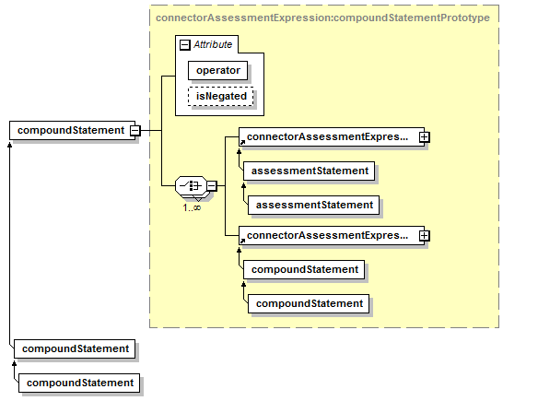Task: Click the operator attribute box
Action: pyautogui.click(x=218, y=70)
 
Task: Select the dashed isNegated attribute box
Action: pyautogui.click(x=221, y=96)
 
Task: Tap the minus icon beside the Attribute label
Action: pyautogui.click(x=185, y=44)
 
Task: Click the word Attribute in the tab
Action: pyautogui.click(x=213, y=44)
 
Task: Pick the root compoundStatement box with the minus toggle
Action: pyautogui.click(x=73, y=130)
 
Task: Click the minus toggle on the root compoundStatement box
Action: pyautogui.click(x=135, y=131)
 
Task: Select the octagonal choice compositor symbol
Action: pyautogui.click(x=191, y=185)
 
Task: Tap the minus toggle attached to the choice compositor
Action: pyautogui.click(x=212, y=185)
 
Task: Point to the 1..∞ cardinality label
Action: pyautogui.click(x=192, y=207)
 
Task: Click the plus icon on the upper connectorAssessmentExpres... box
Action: pyautogui.click(x=424, y=137)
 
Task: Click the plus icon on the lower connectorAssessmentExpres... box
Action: pyautogui.click(x=424, y=235)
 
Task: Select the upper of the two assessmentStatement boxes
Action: pyautogui.click(x=309, y=171)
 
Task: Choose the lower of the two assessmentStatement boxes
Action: pyautogui.click(x=313, y=205)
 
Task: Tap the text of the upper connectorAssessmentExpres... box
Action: pyautogui.click(x=328, y=136)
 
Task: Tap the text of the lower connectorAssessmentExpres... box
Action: pyautogui.click(x=328, y=235)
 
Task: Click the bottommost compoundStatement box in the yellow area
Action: pyautogui.click(x=309, y=303)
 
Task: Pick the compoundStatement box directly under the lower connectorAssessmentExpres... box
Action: pyautogui.click(x=304, y=269)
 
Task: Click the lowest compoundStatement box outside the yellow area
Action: pyautogui.click(x=79, y=383)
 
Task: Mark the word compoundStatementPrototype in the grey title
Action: pyautogui.click(x=412, y=18)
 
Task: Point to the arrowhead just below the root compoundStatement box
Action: pyautogui.click(x=9, y=145)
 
